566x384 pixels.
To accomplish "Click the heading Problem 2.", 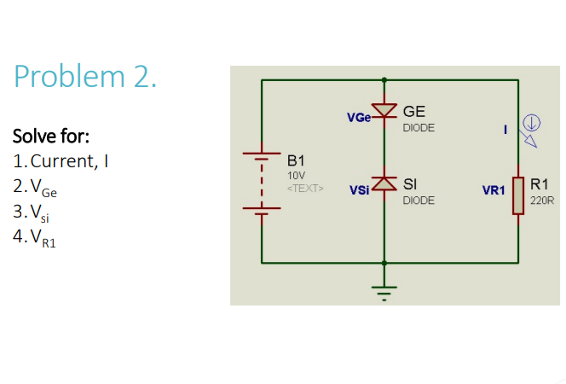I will coord(85,78).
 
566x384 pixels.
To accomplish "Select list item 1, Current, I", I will coord(61,160).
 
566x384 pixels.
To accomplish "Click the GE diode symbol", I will coord(386,112).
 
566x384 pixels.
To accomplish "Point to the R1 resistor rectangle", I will coord(518,195).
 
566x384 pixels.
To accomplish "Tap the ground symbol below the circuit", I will coord(385,289).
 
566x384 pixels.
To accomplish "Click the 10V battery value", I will coord(296,174).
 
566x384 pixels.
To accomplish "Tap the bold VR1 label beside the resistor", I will coord(494,190).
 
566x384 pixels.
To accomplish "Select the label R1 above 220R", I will coord(539,184).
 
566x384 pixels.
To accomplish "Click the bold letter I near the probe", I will coord(505,130).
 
